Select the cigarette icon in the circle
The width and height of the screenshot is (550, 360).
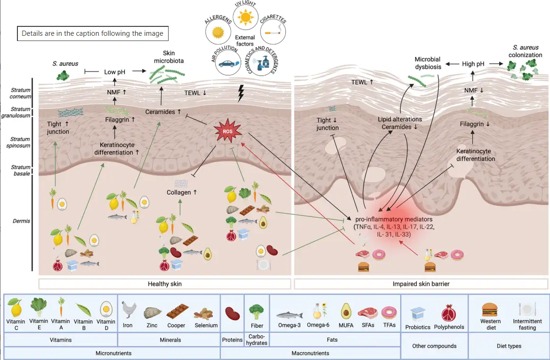tap(272, 33)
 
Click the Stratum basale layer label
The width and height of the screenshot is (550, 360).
tap(20, 170)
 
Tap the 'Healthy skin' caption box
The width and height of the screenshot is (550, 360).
tap(164, 284)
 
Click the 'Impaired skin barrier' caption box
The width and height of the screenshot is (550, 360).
tap(421, 284)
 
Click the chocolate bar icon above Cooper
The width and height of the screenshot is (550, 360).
tap(176, 312)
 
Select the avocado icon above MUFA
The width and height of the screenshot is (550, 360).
tap(346, 311)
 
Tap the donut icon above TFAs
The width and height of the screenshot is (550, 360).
tap(389, 312)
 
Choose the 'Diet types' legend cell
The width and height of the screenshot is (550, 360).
tap(509, 346)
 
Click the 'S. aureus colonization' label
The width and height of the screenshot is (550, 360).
tap(525, 51)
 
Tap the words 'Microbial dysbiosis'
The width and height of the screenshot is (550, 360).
tap(428, 63)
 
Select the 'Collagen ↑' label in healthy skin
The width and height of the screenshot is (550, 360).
tap(181, 192)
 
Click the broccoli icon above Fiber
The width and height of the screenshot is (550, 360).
tap(256, 311)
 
